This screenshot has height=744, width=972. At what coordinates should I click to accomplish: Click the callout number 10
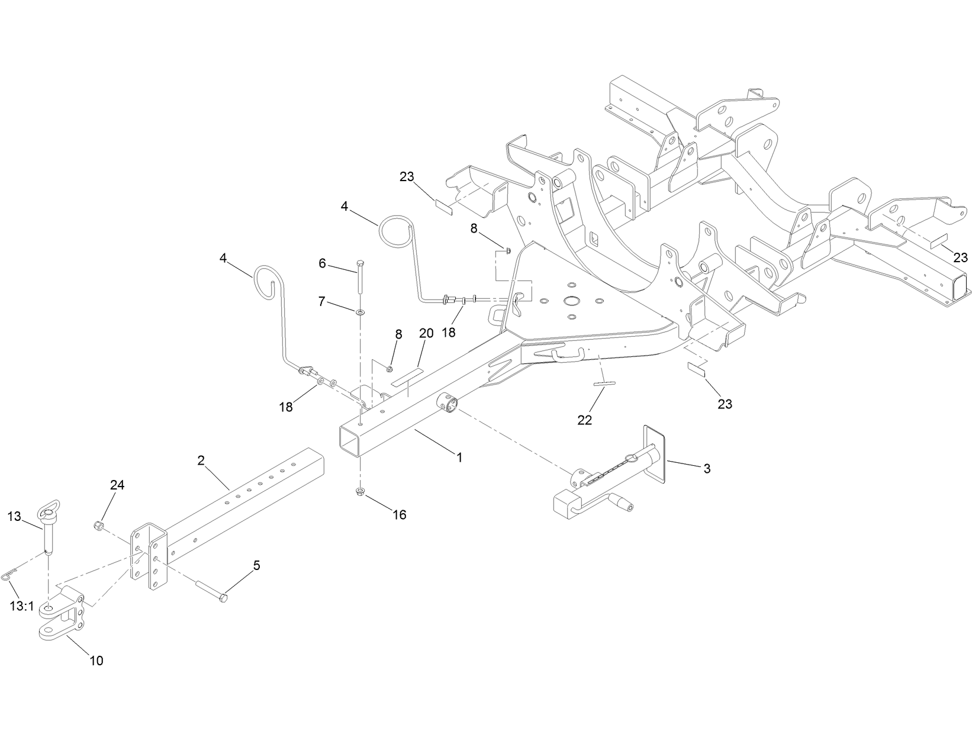(x=96, y=661)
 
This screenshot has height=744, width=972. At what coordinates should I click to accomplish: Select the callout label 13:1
(x=22, y=607)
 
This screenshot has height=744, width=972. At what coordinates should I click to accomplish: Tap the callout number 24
(x=117, y=485)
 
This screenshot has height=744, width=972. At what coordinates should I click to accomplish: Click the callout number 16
(x=400, y=515)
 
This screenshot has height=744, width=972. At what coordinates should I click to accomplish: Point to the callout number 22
(x=585, y=420)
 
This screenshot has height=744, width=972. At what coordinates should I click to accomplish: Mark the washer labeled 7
(x=361, y=311)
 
